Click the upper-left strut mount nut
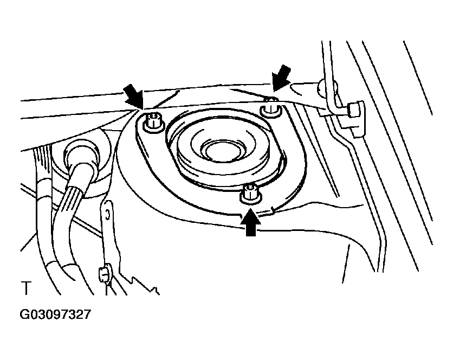pyautogui.click(x=154, y=123)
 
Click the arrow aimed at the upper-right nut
pyautogui.click(x=281, y=78)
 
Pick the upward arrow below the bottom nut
pyautogui.click(x=251, y=222)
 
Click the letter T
pyautogui.click(x=26, y=288)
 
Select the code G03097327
pyautogui.click(x=55, y=314)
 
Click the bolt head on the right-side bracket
pyautogui.click(x=354, y=110)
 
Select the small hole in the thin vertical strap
pyautogui.click(x=107, y=215)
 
